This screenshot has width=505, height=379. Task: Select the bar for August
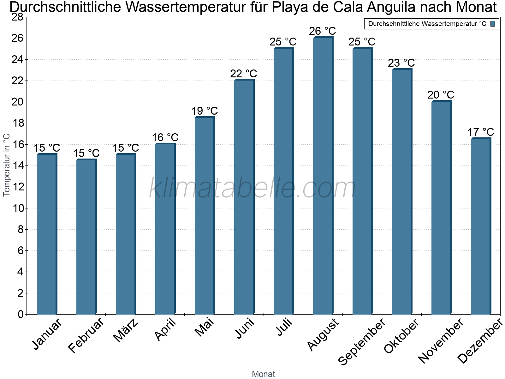pyautogui.click(x=323, y=176)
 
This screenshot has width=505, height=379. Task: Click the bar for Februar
pyautogui.click(x=86, y=237)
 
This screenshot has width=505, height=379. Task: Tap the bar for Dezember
pyautogui.click(x=481, y=226)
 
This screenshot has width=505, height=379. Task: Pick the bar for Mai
pyautogui.click(x=205, y=215)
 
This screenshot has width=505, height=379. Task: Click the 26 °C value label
pyautogui.click(x=323, y=31)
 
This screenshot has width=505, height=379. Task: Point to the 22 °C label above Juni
pyautogui.click(x=244, y=74)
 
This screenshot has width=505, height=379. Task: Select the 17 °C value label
pyautogui.click(x=481, y=132)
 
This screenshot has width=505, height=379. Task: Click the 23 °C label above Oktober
pyautogui.click(x=401, y=63)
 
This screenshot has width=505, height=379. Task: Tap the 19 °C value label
pyautogui.click(x=205, y=111)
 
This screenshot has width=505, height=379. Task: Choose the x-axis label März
pyautogui.click(x=126, y=331)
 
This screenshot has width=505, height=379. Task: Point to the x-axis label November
pyautogui.click(x=441, y=341)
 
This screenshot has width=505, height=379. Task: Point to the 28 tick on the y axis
pyautogui.click(x=17, y=17)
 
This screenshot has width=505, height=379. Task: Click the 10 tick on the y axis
pyautogui.click(x=17, y=208)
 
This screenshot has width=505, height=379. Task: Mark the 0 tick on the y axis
pyautogui.click(x=21, y=314)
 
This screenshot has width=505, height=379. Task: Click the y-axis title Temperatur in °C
pyautogui.click(x=7, y=165)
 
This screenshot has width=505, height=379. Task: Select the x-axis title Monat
pyautogui.click(x=264, y=374)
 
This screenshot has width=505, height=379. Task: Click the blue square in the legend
pyautogui.click(x=493, y=24)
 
